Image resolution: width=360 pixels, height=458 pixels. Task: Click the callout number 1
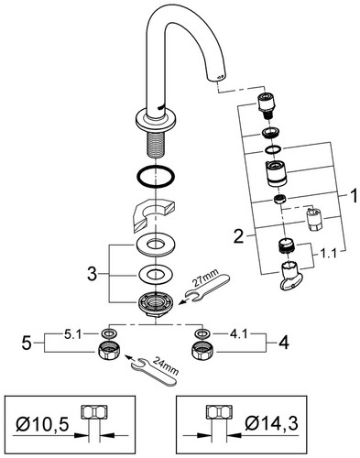[x=353, y=196]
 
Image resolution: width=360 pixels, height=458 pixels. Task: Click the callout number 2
[x=239, y=236]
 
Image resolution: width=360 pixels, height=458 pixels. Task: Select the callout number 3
[x=93, y=274]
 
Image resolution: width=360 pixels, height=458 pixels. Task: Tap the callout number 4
[x=284, y=343]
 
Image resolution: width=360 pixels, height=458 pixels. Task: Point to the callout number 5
[x=27, y=343]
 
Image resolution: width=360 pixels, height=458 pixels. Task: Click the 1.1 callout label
[x=328, y=253]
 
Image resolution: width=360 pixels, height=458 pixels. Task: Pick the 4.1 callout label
[x=238, y=334]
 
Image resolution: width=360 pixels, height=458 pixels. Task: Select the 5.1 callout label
[x=73, y=334]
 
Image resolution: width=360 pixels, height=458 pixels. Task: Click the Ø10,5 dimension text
[x=42, y=424]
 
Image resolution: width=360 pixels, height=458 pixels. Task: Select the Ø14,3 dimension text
[x=271, y=423]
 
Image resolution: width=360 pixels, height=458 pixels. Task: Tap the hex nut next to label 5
[x=108, y=353]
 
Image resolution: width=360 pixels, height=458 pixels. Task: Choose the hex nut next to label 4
[x=201, y=353]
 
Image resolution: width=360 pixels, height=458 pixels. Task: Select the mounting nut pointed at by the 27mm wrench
[x=156, y=304]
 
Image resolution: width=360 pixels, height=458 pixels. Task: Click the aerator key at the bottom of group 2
[x=290, y=275]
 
